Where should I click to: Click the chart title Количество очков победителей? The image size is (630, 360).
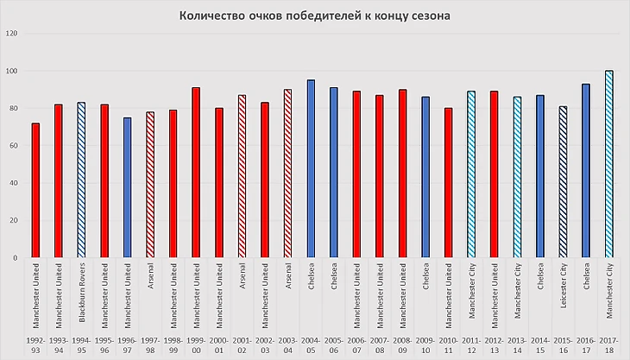click(x=314, y=16)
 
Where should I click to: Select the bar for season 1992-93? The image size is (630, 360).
click(x=36, y=191)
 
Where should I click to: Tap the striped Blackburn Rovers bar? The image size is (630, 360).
click(x=81, y=180)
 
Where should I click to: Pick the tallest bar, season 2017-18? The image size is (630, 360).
click(x=608, y=164)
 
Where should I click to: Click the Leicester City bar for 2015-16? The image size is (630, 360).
click(x=563, y=182)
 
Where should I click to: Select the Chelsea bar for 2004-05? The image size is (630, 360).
click(x=311, y=169)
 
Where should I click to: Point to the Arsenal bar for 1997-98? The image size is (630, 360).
click(x=150, y=185)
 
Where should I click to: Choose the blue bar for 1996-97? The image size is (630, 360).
click(x=127, y=187)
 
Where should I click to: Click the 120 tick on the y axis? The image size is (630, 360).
click(x=11, y=34)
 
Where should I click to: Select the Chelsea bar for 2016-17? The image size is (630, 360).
click(x=586, y=171)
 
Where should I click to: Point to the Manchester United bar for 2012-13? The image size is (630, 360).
click(x=494, y=174)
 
